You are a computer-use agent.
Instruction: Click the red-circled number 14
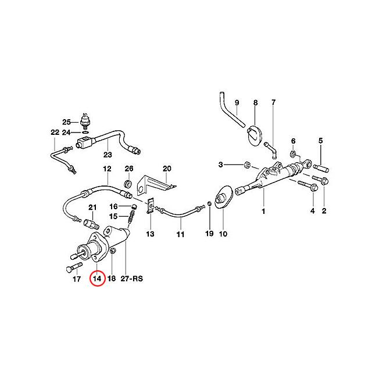pyautogui.click(x=97, y=278)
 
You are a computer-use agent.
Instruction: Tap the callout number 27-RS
pyautogui.click(x=132, y=278)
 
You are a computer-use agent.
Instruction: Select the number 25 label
pyautogui.click(x=66, y=122)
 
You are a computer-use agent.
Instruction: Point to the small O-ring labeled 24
pyautogui.click(x=85, y=132)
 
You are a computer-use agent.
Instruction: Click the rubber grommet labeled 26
pyautogui.click(x=128, y=184)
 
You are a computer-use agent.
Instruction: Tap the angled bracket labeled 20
pyautogui.click(x=156, y=183)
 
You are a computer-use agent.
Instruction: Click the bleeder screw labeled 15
pyautogui.click(x=131, y=217)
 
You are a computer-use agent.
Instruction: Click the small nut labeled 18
pyautogui.click(x=113, y=251)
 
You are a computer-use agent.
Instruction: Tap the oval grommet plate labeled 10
pyautogui.click(x=223, y=198)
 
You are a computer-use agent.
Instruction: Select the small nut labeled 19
pyautogui.click(x=209, y=203)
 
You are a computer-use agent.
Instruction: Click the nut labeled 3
pyautogui.click(x=247, y=164)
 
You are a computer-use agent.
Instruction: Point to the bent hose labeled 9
pyautogui.click(x=232, y=109)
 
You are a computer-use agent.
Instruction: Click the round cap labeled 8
pyautogui.click(x=254, y=135)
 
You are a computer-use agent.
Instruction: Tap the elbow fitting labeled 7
pyautogui.click(x=271, y=149)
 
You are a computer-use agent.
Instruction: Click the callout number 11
pyautogui.click(x=180, y=234)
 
